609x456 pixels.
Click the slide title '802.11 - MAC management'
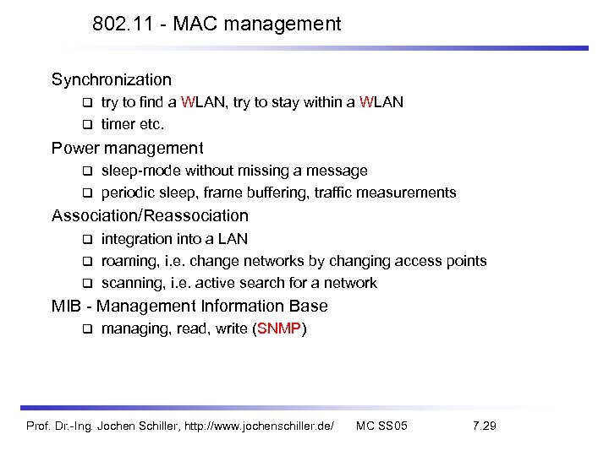pyautogui.click(x=217, y=24)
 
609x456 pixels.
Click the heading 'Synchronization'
pyautogui.click(x=111, y=80)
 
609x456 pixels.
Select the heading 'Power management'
pyautogui.click(x=127, y=149)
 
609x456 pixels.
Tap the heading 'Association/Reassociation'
pyautogui.click(x=150, y=216)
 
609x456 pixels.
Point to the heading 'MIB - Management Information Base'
pyautogui.click(x=189, y=307)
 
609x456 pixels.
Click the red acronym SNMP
pyautogui.click(x=279, y=329)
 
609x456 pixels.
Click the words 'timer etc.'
pyautogui.click(x=132, y=124)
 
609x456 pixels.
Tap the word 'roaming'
pyautogui.click(x=129, y=261)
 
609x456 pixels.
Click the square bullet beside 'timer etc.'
pyautogui.click(x=86, y=125)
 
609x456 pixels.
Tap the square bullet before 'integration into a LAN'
pyautogui.click(x=86, y=240)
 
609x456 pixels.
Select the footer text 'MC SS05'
pyautogui.click(x=381, y=426)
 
